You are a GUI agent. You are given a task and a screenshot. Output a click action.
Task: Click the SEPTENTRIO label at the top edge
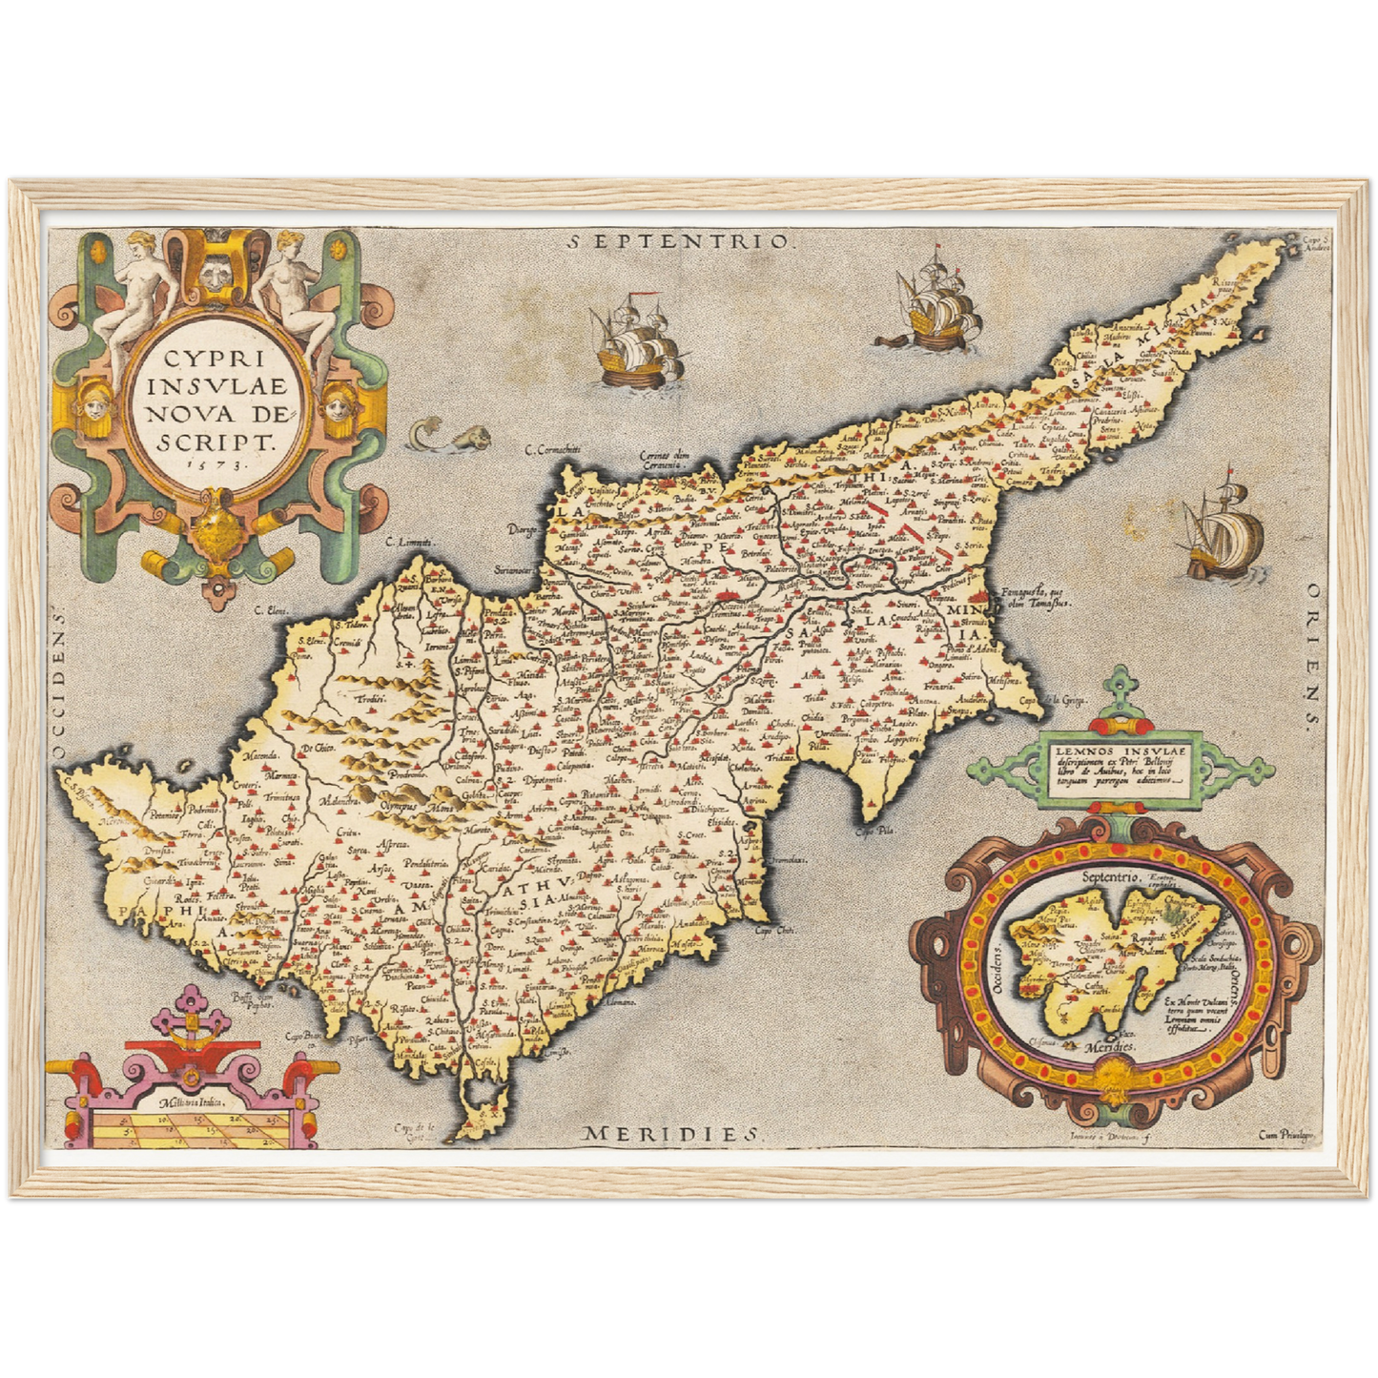click(x=679, y=241)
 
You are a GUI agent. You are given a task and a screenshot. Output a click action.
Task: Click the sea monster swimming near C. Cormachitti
click(x=448, y=437)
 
